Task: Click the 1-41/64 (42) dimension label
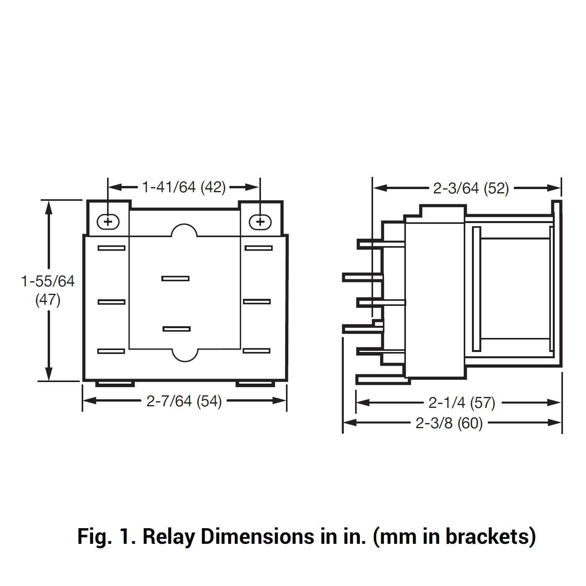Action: (184, 188)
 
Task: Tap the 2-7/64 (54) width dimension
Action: (184, 401)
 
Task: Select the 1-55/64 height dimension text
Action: (48, 281)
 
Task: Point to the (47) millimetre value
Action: (48, 300)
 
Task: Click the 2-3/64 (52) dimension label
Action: (471, 189)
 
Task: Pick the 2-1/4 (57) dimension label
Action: (462, 403)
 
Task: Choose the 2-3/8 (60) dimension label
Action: (449, 423)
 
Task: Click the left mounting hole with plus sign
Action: (108, 222)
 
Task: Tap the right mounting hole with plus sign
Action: (260, 222)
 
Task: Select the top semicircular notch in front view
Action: (184, 230)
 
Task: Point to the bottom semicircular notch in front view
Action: (184, 355)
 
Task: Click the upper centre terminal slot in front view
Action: (175, 279)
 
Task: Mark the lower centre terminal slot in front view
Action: (177, 329)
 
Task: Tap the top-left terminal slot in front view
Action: (111, 248)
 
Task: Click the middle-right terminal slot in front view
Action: (257, 302)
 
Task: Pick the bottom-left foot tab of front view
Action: (115, 384)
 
